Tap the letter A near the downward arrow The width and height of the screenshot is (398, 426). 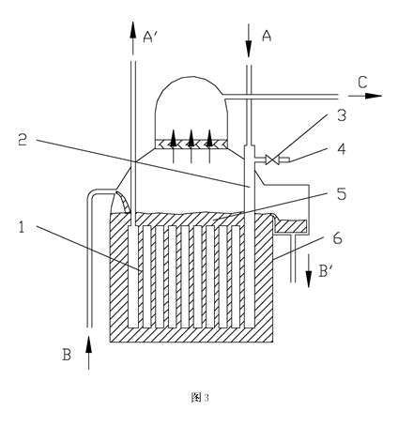pos(267,36)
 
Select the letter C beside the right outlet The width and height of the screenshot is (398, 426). pos(362,83)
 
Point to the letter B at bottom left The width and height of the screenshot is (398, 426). pos(67,355)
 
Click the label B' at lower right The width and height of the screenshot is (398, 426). pos(325,271)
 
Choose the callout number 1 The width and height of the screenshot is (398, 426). pos(22,227)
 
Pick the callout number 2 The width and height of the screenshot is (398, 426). pos(23,140)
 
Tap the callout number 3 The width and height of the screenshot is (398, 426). pos(342,115)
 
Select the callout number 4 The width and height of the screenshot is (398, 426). pos(342,149)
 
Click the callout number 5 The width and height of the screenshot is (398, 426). pos(342,194)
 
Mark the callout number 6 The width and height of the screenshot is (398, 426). pos(338,239)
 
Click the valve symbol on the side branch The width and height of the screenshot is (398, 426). pos(270,160)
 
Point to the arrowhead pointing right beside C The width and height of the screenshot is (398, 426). pos(373,96)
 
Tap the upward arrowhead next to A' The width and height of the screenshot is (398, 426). pos(133,30)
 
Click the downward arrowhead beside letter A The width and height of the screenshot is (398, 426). pos(249,49)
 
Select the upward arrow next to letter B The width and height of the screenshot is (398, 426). pos(89,353)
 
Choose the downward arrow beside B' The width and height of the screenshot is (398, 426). pos(309,271)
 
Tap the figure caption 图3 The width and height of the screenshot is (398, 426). pos(200,398)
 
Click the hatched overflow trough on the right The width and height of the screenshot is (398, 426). pos(291,226)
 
